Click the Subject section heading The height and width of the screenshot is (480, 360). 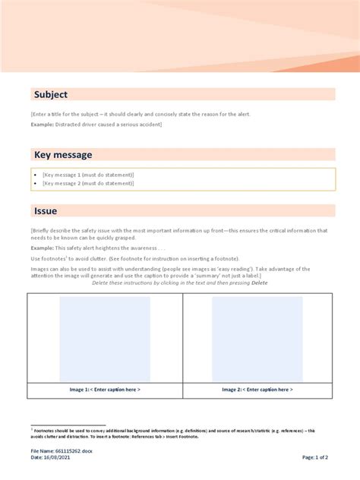[x=50, y=94]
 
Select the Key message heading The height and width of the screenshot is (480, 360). [x=63, y=155]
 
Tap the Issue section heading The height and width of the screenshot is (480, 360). [x=45, y=210]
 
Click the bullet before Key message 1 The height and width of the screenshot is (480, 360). [x=35, y=175]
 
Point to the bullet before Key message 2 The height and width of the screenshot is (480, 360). [x=35, y=183]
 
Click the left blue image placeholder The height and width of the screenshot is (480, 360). [x=105, y=339]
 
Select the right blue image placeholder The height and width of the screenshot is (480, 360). [x=257, y=339]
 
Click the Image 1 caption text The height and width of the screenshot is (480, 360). [x=105, y=390]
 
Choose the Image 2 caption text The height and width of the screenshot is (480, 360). [x=257, y=390]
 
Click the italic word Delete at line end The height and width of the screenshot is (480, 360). [x=260, y=283]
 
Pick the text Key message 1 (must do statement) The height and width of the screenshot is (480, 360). [x=88, y=175]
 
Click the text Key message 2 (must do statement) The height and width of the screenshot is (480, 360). [x=88, y=183]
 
